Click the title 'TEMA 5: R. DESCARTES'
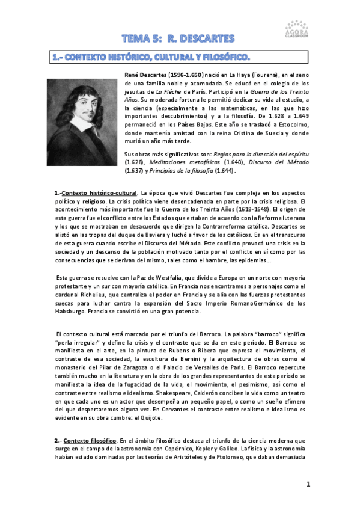pos(177,39)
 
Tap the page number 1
pos(308,484)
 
